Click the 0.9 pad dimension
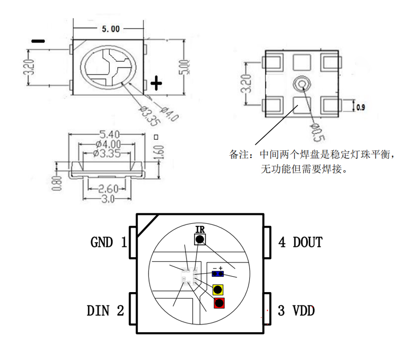click(x=360, y=107)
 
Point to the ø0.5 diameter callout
click(x=317, y=131)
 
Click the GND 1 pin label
click(x=108, y=242)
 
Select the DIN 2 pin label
click(x=105, y=311)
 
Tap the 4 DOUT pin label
click(x=301, y=242)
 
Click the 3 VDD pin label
click(x=296, y=311)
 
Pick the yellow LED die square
click(x=219, y=289)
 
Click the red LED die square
click(x=219, y=303)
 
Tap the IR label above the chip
click(x=200, y=229)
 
